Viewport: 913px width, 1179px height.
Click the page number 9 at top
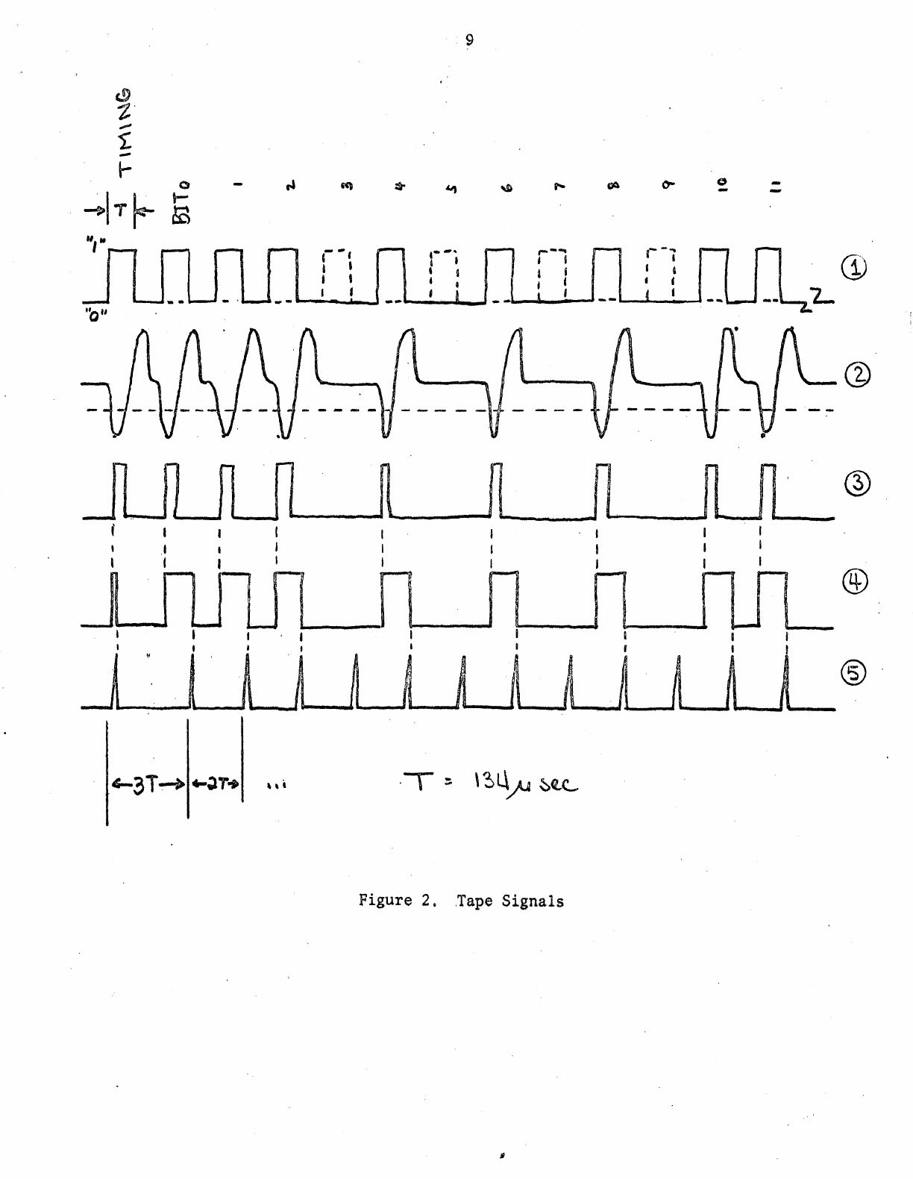[x=468, y=40]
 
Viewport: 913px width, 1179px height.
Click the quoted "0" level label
[x=94, y=312]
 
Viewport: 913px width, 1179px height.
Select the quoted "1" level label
[x=93, y=243]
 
